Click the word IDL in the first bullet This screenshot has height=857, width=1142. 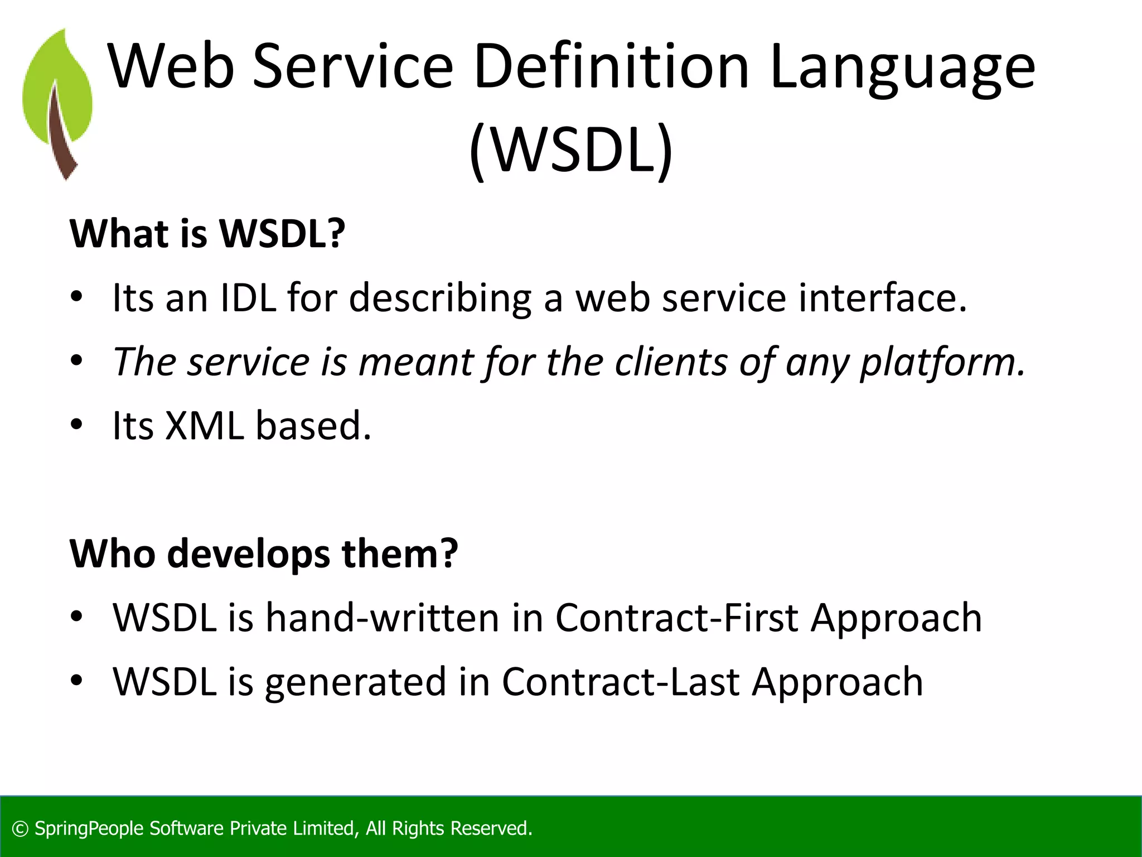(x=248, y=297)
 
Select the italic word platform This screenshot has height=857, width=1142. (x=942, y=363)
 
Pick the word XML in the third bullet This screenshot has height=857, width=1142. (x=205, y=426)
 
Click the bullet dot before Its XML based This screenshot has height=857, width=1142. (x=77, y=425)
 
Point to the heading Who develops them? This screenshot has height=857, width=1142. (x=263, y=553)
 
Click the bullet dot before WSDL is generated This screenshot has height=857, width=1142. (x=77, y=680)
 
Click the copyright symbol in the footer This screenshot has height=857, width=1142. (x=20, y=829)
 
